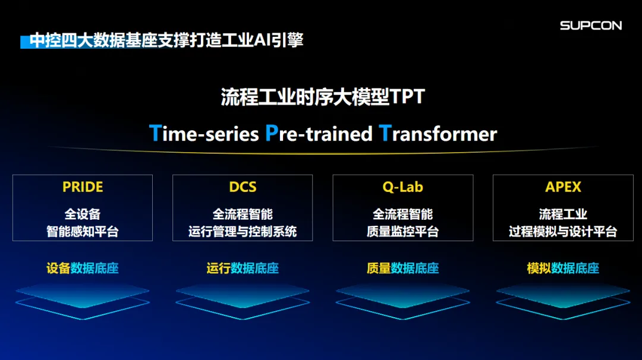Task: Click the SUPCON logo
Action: pos(590,26)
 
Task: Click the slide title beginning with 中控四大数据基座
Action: pos(166,40)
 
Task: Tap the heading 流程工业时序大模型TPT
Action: pos(323,97)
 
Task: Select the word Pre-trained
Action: pos(319,134)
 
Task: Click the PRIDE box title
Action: pos(83,187)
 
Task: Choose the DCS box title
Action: pos(243,187)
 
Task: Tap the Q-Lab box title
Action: pos(402,187)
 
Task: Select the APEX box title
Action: pos(563,187)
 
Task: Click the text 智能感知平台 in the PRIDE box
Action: pos(83,232)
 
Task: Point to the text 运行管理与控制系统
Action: pos(243,232)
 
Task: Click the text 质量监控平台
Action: pos(402,232)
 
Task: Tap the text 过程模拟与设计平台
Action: pos(563,232)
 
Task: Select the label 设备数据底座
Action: pos(83,269)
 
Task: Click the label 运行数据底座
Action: pos(243,269)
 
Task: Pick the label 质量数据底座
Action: pos(402,269)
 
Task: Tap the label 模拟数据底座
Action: pos(563,269)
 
